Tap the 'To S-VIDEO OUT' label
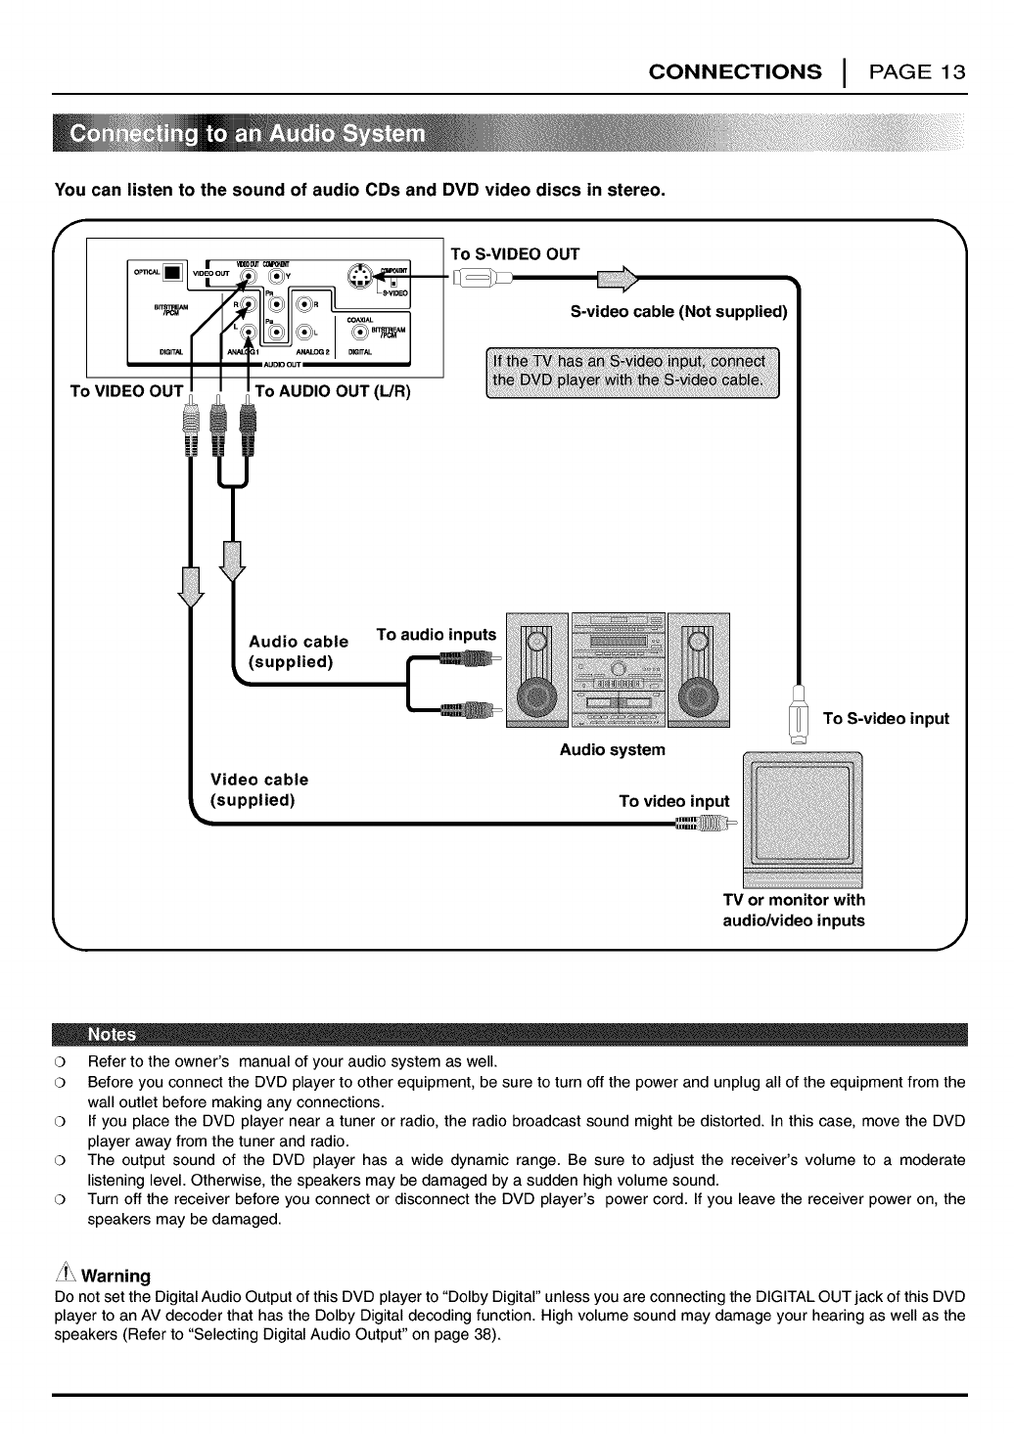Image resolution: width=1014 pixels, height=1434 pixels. [x=515, y=254]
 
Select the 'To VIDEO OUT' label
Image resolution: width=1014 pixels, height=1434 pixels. [x=126, y=392]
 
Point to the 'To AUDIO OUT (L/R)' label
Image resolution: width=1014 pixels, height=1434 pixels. [x=333, y=392]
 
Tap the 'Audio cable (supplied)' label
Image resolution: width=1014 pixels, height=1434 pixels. [x=299, y=651]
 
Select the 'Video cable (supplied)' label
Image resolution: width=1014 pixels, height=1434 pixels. [x=259, y=789]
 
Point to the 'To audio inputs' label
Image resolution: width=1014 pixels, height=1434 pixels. [x=437, y=635]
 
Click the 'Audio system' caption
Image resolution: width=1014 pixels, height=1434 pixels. [x=612, y=750]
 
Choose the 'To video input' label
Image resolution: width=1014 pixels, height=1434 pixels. [x=674, y=802]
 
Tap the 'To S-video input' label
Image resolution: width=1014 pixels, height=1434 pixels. [x=886, y=719]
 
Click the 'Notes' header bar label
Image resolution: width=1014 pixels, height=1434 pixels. [x=113, y=1035]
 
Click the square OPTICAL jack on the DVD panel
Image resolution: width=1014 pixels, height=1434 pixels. [x=173, y=273]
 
